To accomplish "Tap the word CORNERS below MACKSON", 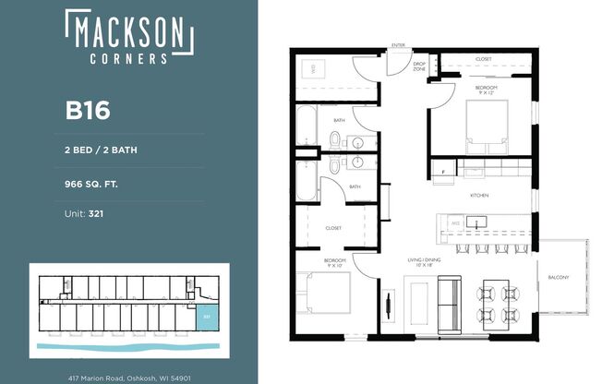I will pos(129,57).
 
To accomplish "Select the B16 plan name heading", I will pos(88,111).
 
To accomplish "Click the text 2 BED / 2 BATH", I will pos(101,149).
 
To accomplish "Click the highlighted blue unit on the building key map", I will pos(204,315).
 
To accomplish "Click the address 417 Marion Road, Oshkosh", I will pos(129,377).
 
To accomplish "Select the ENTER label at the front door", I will pos(399,44).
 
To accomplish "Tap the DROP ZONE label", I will pos(419,66).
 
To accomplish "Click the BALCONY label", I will pos(558,277).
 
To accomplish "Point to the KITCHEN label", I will pos(479,196).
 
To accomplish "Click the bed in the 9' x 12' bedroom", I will pos(488,125).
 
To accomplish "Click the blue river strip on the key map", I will pos(129,349).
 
